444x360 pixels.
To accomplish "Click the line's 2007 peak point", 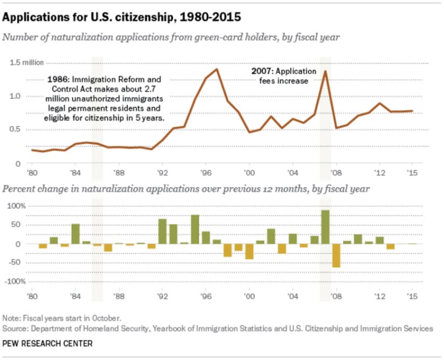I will pos(325,71).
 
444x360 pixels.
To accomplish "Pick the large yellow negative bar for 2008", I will pos(336,255).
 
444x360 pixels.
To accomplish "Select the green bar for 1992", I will pos(162,231).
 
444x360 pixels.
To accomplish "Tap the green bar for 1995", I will pos(195,229).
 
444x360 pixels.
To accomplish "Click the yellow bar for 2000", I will pos(249,251).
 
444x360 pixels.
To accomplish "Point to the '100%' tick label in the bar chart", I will pos(17,206).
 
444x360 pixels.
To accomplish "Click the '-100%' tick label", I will pos(16,282).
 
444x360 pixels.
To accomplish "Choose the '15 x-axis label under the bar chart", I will pos(412,296).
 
